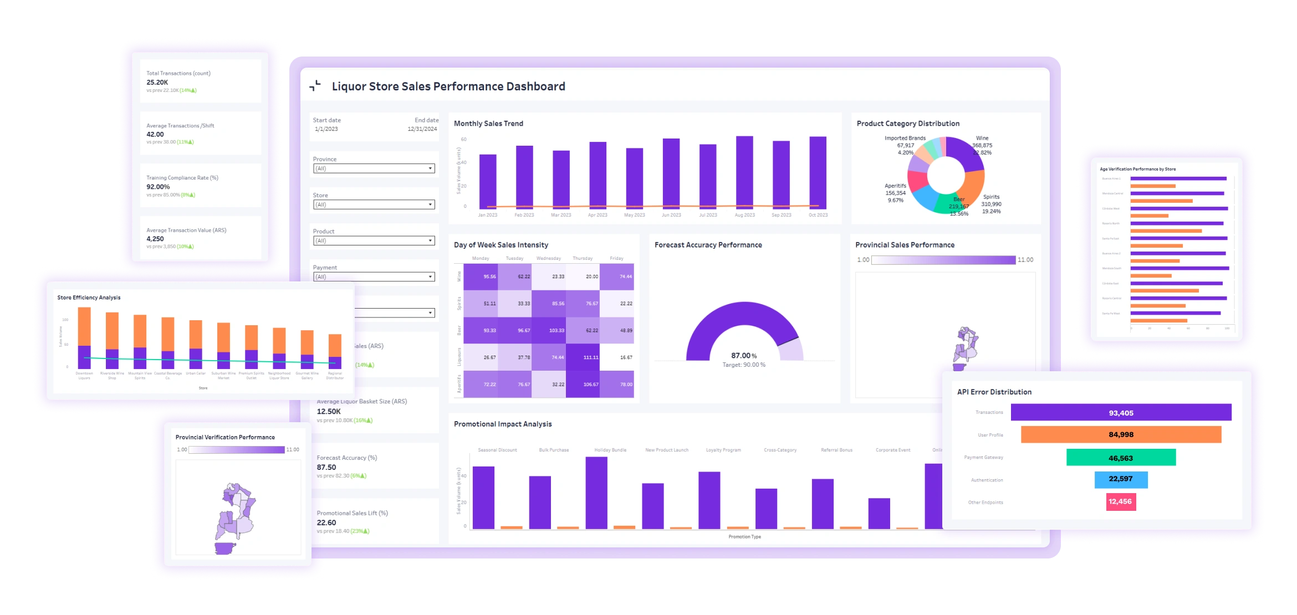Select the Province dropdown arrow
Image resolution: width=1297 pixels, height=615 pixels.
pos(430,168)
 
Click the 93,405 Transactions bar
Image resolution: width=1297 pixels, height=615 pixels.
pos(1121,413)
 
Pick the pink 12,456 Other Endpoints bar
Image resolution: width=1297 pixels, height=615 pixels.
pos(1120,501)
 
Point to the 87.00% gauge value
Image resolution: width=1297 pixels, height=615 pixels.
pos(743,356)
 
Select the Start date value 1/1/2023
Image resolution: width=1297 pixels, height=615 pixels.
pos(326,129)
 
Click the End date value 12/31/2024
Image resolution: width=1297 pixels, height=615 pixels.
pos(422,129)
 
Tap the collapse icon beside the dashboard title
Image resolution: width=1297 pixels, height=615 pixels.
pos(315,86)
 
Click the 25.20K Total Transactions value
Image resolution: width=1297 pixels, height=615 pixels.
pos(157,82)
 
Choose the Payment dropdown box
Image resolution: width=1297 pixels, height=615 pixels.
pos(374,276)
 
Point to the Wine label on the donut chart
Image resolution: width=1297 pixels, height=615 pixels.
pos(982,138)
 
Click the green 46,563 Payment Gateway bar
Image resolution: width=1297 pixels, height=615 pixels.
pos(1121,458)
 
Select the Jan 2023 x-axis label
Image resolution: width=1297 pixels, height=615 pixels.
pos(488,215)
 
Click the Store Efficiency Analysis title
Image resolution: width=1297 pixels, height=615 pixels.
pos(89,298)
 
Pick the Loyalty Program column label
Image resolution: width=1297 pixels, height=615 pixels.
pos(723,450)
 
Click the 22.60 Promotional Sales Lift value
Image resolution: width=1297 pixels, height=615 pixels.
pos(326,522)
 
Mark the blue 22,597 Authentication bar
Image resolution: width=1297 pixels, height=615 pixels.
pos(1121,479)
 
